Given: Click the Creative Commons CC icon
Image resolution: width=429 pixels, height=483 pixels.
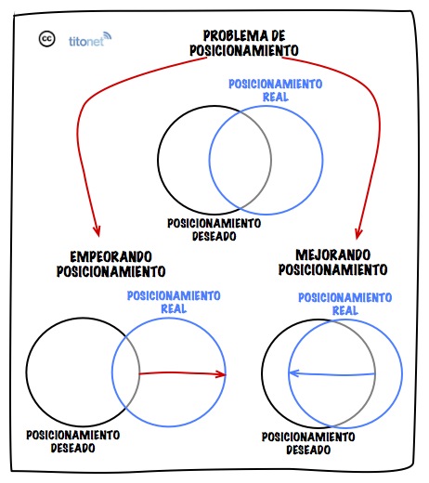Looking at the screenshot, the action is (x=46, y=39).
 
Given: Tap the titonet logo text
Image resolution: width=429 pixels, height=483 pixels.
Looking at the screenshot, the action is (x=85, y=41).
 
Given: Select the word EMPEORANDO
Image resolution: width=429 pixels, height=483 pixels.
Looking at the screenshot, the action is (x=110, y=257).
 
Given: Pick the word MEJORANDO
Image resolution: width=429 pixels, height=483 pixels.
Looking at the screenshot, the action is (x=332, y=255).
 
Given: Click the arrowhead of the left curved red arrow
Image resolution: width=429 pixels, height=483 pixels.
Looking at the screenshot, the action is (x=97, y=231).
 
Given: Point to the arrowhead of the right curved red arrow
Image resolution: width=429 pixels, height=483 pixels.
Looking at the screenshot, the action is (x=358, y=233).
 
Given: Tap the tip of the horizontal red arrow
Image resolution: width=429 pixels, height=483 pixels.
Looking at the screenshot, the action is (x=226, y=374).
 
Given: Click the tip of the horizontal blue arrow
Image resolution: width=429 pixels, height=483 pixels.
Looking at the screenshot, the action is (x=290, y=372).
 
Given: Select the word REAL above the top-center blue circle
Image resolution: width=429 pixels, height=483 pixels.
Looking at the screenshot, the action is (x=276, y=97).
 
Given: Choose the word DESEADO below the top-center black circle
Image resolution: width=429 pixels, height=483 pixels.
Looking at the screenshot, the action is (x=214, y=236).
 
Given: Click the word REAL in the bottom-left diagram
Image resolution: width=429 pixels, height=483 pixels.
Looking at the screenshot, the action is (x=174, y=308).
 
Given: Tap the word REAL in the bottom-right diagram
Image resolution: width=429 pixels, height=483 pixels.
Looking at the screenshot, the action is (x=345, y=310).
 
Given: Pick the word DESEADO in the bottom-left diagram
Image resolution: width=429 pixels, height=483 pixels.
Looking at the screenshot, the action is (x=72, y=448).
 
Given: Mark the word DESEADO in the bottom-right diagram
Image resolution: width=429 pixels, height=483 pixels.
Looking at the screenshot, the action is (x=308, y=450).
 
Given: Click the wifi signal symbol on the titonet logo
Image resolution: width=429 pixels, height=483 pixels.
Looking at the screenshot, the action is (x=107, y=36).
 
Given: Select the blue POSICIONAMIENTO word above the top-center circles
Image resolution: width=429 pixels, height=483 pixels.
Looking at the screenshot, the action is (x=276, y=84).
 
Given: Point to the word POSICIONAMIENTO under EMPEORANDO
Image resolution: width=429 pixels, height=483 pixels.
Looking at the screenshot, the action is (x=110, y=271).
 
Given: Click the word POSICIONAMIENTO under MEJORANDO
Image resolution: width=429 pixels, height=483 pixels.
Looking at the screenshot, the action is (x=332, y=269).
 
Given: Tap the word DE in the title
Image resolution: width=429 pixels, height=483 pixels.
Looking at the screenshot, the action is (x=278, y=35).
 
